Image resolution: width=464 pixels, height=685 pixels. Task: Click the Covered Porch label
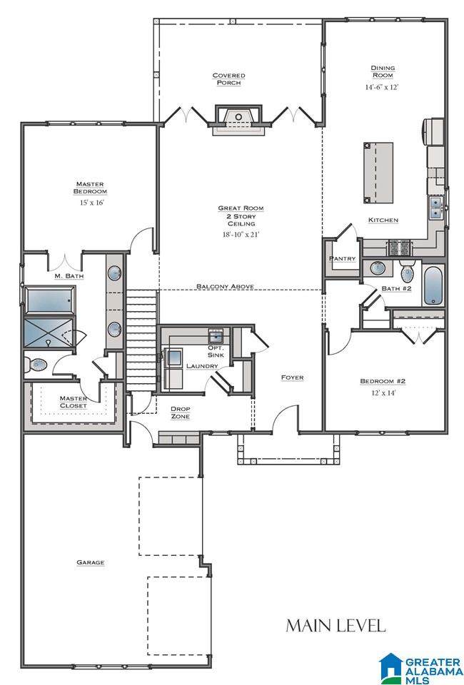click(x=228, y=79)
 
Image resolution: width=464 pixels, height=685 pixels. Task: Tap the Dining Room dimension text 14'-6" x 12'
click(x=382, y=87)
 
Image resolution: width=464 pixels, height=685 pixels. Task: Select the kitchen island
click(x=378, y=173)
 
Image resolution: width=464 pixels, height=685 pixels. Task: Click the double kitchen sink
click(x=435, y=208)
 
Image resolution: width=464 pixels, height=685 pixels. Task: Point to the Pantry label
click(x=342, y=258)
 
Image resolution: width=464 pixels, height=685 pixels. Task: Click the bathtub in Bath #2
click(x=433, y=285)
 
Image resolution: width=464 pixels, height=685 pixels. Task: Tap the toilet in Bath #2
click(x=408, y=271)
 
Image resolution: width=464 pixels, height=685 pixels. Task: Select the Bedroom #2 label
click(x=383, y=381)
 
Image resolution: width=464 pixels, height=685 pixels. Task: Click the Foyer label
click(x=292, y=377)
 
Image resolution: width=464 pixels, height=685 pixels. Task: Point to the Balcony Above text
click(x=225, y=287)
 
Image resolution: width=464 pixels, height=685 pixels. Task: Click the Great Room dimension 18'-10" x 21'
click(x=241, y=235)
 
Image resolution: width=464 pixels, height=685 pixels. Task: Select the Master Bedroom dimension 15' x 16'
click(x=90, y=203)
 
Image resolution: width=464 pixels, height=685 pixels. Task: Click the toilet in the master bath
click(x=35, y=364)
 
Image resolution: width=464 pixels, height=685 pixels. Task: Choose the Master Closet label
click(x=73, y=402)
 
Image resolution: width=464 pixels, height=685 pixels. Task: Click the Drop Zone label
click(x=180, y=413)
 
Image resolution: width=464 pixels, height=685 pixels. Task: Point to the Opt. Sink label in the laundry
click(x=216, y=352)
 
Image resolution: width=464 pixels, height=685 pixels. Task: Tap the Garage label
click(x=91, y=563)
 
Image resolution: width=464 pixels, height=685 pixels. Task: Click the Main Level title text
click(x=336, y=626)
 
